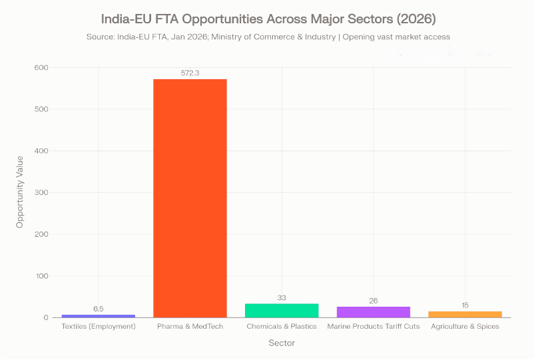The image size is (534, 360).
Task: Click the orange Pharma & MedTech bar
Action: click(x=190, y=198)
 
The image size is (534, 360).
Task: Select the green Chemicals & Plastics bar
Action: click(x=282, y=310)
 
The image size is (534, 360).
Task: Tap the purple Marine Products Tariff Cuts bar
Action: click(x=374, y=311)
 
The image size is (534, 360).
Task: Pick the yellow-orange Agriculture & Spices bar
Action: click(x=465, y=314)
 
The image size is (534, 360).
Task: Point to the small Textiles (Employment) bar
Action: click(x=99, y=315)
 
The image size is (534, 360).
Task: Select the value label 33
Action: click(x=282, y=297)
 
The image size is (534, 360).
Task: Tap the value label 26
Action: click(x=374, y=301)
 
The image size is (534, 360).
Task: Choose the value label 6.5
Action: click(x=99, y=309)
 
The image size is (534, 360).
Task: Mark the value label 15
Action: click(x=465, y=305)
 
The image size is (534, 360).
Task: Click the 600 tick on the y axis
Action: click(x=41, y=67)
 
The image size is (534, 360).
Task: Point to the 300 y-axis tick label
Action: click(x=41, y=192)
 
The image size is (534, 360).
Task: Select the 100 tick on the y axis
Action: click(x=41, y=275)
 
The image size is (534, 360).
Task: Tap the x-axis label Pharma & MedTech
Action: click(x=190, y=327)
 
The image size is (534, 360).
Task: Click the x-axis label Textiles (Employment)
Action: click(x=99, y=327)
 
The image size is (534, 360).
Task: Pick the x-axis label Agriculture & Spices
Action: click(x=465, y=327)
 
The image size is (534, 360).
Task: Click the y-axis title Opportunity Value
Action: click(x=20, y=192)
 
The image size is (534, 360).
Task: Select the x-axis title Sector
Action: click(x=282, y=343)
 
